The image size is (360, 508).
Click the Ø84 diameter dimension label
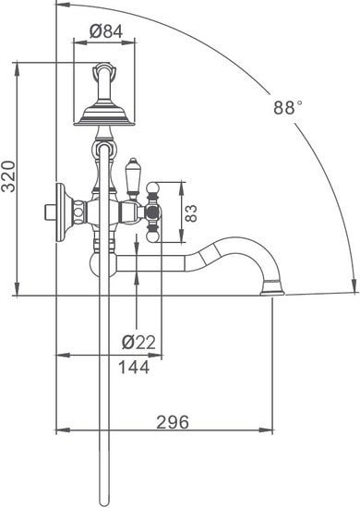[x=104, y=30]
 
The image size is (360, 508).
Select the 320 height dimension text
[x=9, y=175]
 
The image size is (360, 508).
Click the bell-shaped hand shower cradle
[x=104, y=111]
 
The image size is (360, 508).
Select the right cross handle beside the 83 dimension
[x=153, y=212]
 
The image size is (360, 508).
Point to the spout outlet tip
[x=271, y=292]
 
